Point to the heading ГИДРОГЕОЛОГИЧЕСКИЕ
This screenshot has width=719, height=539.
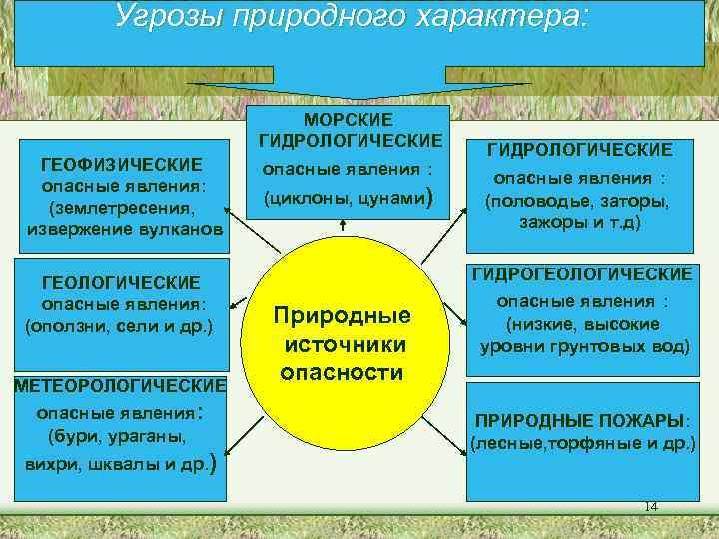pos(582,272)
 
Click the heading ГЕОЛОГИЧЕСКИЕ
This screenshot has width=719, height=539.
pos(119,283)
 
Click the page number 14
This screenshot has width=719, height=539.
pos(652,506)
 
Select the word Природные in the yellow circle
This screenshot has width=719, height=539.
pos(343,316)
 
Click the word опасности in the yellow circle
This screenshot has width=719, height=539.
pos(342,373)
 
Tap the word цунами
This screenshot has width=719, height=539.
pos(388,198)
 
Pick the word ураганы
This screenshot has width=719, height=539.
pos(155,436)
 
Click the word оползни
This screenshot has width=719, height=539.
pos(68,327)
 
